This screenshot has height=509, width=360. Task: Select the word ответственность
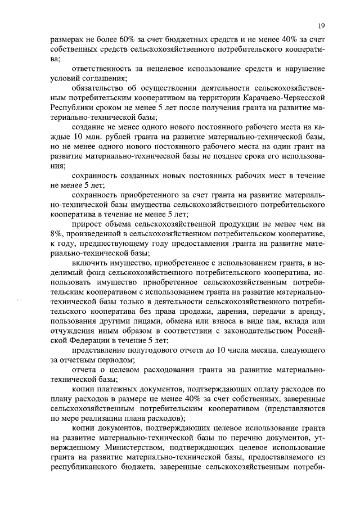103,68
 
